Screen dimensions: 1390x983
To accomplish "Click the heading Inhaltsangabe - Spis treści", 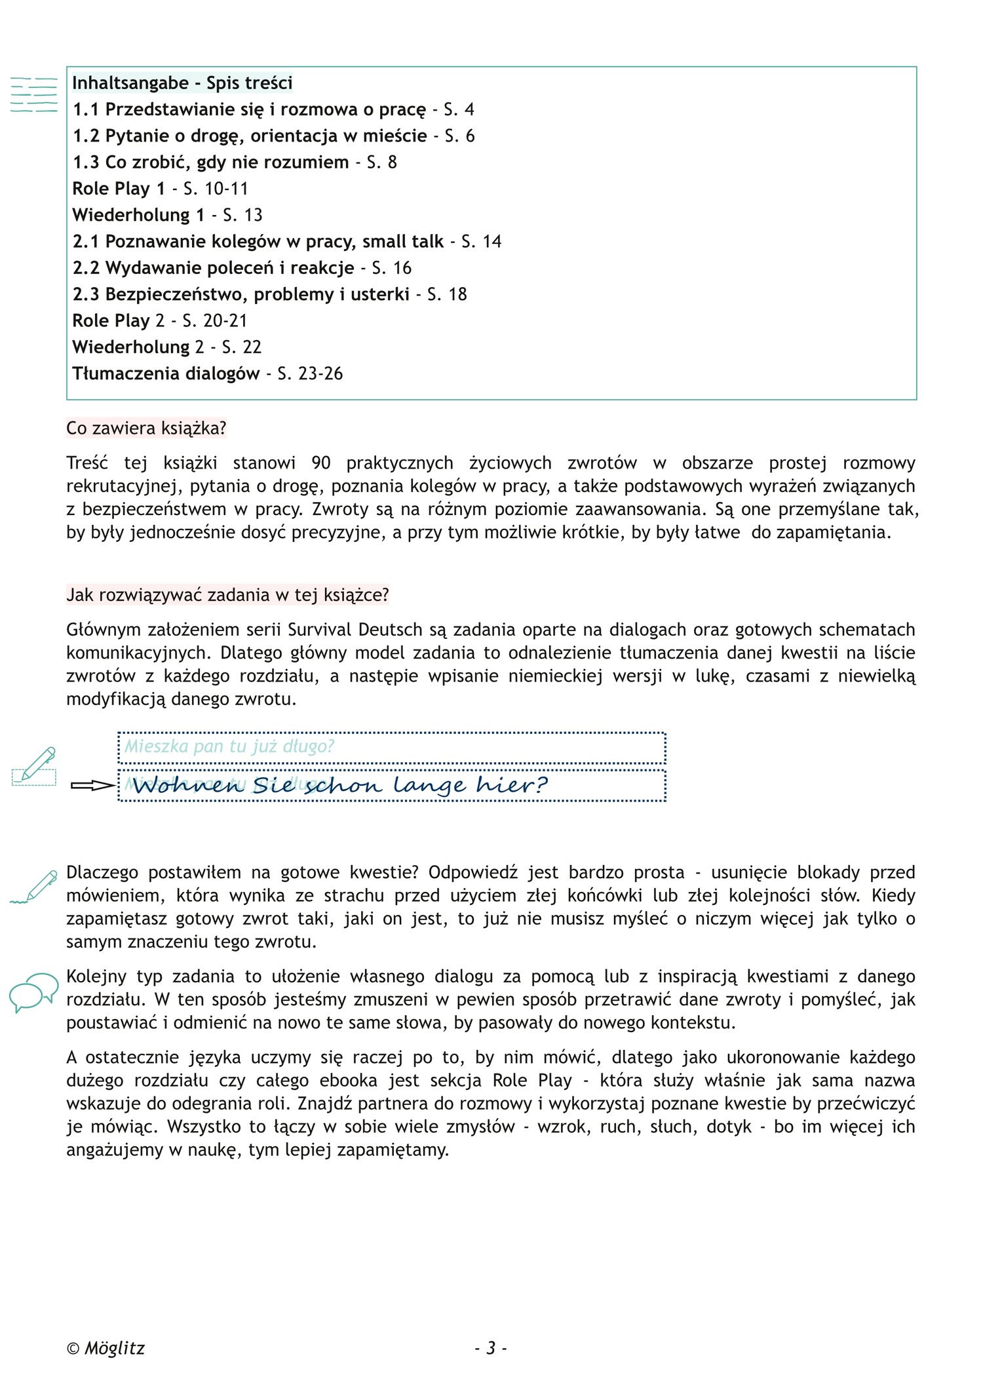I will pyautogui.click(x=182, y=83).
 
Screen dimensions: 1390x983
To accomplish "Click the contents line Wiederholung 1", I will pyautogui.click(x=138, y=215).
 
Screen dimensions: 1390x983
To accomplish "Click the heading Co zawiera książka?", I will pyautogui.click(x=146, y=428).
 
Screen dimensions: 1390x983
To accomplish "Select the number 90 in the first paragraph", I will pyautogui.click(x=320, y=463).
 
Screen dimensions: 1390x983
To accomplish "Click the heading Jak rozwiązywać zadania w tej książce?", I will pyautogui.click(x=227, y=594).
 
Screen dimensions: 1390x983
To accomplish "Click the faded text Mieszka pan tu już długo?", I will pyautogui.click(x=229, y=746).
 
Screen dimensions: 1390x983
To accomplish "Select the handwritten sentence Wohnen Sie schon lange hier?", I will pyautogui.click(x=339, y=785).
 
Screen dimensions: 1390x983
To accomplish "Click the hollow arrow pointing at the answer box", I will pyautogui.click(x=92, y=785).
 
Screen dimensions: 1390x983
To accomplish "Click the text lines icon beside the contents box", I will pyautogui.click(x=34, y=95).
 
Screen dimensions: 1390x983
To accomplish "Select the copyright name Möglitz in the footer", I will pyautogui.click(x=115, y=1348).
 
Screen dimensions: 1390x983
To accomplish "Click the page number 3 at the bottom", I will pyautogui.click(x=491, y=1348).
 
